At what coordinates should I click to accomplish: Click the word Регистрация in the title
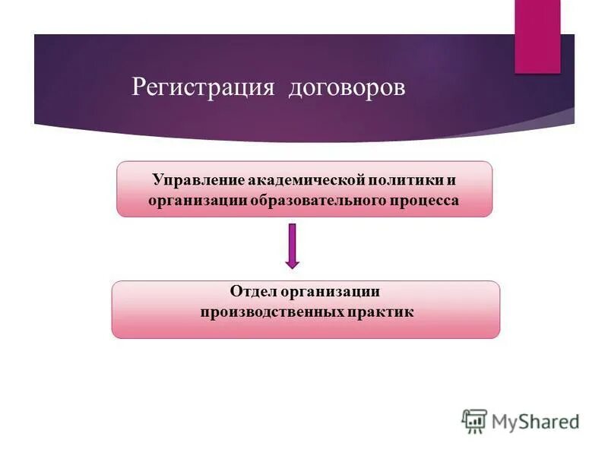[202, 87]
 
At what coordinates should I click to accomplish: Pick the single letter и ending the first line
[451, 181]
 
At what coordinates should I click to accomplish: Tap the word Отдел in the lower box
[253, 292]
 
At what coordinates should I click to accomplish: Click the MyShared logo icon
[474, 421]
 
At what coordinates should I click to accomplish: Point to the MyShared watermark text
[535, 421]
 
